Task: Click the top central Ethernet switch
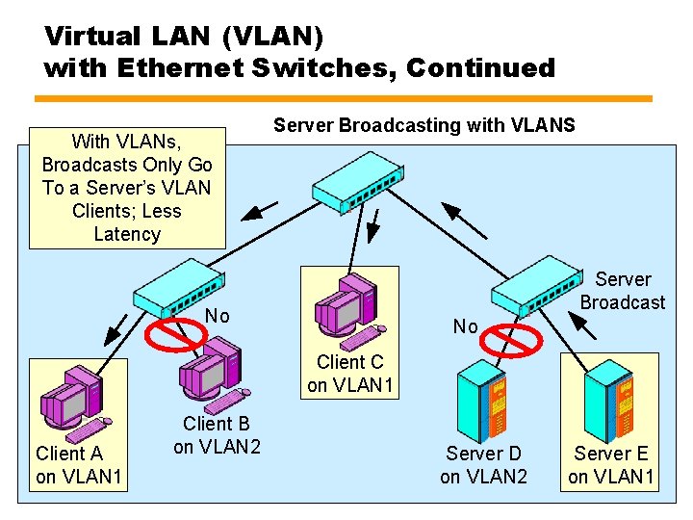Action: point(357,181)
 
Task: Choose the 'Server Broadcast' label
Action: point(623,291)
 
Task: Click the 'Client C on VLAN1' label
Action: point(350,375)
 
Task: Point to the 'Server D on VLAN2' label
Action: point(483,464)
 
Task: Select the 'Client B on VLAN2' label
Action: point(217,435)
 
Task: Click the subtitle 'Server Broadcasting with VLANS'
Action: point(424,125)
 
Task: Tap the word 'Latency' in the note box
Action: point(127,234)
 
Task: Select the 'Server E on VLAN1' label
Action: point(611,464)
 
